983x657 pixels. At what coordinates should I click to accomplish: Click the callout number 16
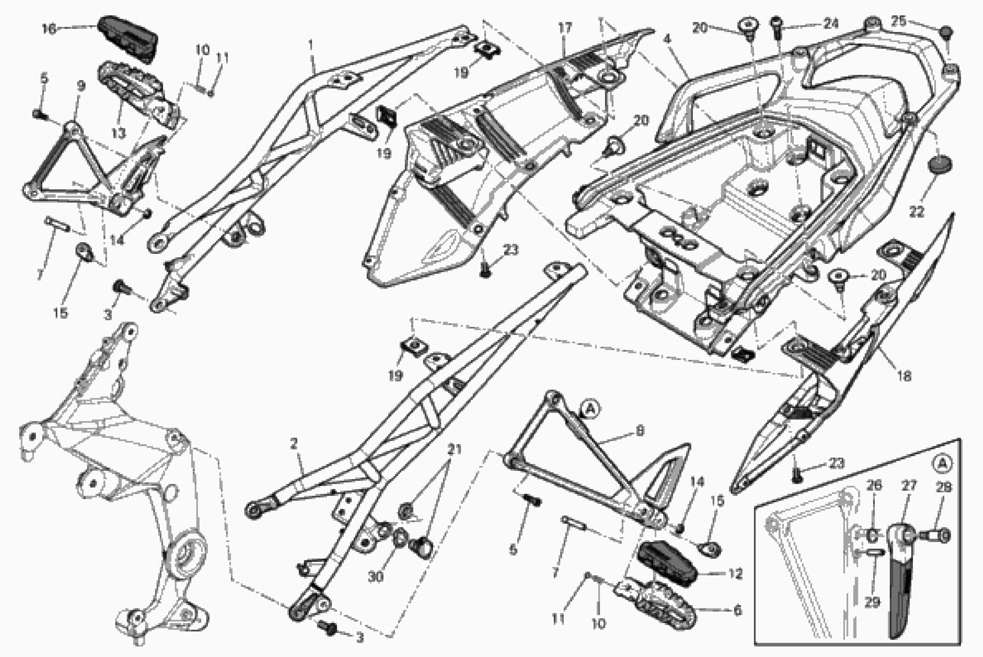[x=49, y=29]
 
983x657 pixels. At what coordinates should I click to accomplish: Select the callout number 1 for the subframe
[x=311, y=44]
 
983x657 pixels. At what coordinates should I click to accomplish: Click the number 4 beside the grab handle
[x=667, y=39]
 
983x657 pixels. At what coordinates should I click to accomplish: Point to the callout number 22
[x=916, y=212]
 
